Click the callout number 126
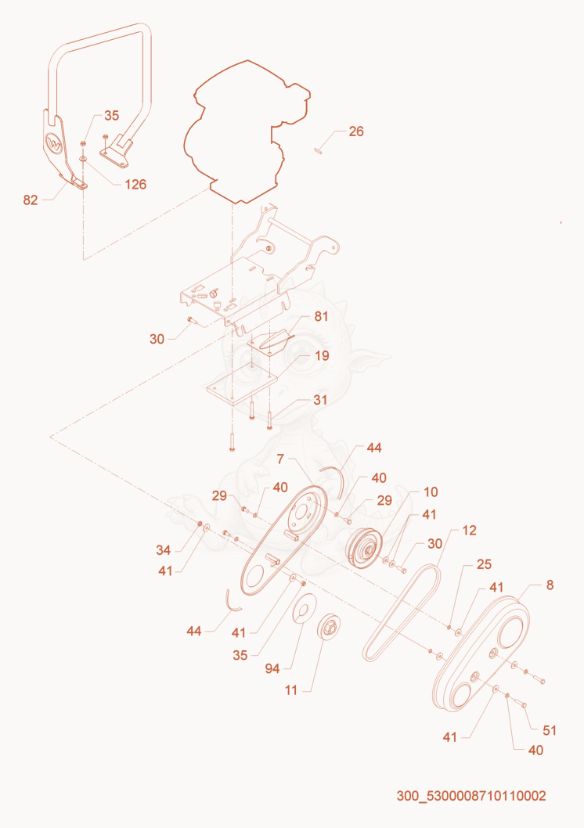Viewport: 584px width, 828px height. point(135,184)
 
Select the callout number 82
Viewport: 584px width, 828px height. point(31,200)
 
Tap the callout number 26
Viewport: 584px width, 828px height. point(356,131)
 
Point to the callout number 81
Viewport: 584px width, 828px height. point(322,316)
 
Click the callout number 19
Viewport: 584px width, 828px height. point(322,356)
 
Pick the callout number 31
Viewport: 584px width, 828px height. point(320,400)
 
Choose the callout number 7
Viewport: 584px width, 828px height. point(280,459)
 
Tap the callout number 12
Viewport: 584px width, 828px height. point(470,531)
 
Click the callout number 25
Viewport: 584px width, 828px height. point(485,564)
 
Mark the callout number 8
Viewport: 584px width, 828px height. point(550,585)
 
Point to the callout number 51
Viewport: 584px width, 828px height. point(550,730)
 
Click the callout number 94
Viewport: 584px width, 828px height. point(272,669)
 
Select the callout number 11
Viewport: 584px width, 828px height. point(291,690)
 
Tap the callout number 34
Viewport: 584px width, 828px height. point(163,550)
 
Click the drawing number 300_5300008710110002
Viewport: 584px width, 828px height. point(471,796)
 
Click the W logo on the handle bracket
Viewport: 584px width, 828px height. point(55,143)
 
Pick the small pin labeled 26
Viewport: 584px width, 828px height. point(318,152)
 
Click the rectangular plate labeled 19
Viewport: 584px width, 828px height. point(243,387)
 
